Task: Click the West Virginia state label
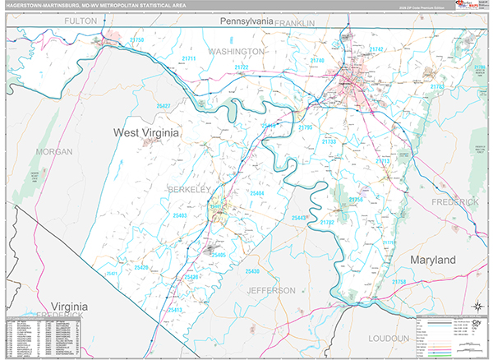(x=145, y=132)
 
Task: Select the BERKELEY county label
(x=190, y=189)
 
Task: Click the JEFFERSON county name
(x=271, y=290)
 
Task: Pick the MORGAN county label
(x=53, y=152)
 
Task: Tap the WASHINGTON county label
(x=236, y=51)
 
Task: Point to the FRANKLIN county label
(x=295, y=24)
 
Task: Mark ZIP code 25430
(x=251, y=271)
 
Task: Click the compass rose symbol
(x=475, y=307)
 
